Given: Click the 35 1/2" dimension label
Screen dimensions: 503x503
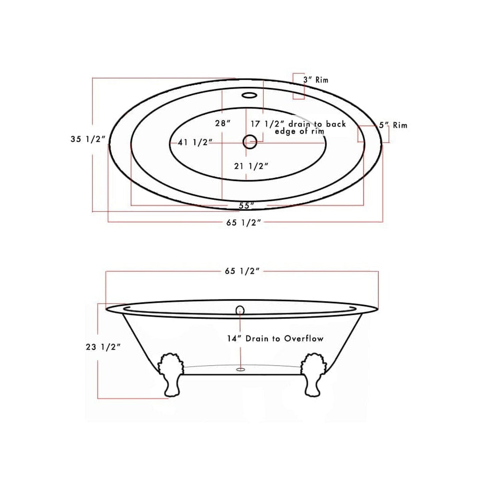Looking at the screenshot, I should point(88,139).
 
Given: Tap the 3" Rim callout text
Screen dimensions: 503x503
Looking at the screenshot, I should point(315,80).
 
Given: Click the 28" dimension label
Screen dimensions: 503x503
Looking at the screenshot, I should point(223,123).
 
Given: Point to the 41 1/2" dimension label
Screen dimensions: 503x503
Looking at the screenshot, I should point(195,142).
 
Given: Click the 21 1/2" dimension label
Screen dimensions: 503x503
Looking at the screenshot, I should point(251,166).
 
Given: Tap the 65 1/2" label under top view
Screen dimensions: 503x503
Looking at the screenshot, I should point(243,223).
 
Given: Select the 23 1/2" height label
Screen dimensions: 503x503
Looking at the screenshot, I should point(103,347).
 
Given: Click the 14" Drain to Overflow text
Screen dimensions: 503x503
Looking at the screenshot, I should point(275,338).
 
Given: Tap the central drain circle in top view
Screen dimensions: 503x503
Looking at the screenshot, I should point(250,142).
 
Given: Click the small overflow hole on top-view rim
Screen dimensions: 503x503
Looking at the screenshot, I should point(249,95).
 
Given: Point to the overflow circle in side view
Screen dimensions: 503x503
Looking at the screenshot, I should point(240,309).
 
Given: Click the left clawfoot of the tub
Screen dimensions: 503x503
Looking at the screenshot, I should point(171,375).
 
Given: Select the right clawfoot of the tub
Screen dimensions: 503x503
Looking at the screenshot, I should point(313,375).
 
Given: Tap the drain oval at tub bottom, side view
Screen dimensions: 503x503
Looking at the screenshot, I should point(241,369).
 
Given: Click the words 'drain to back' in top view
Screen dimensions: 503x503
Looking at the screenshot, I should point(317,124).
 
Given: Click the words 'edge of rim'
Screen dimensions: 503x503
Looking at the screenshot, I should point(299,132).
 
